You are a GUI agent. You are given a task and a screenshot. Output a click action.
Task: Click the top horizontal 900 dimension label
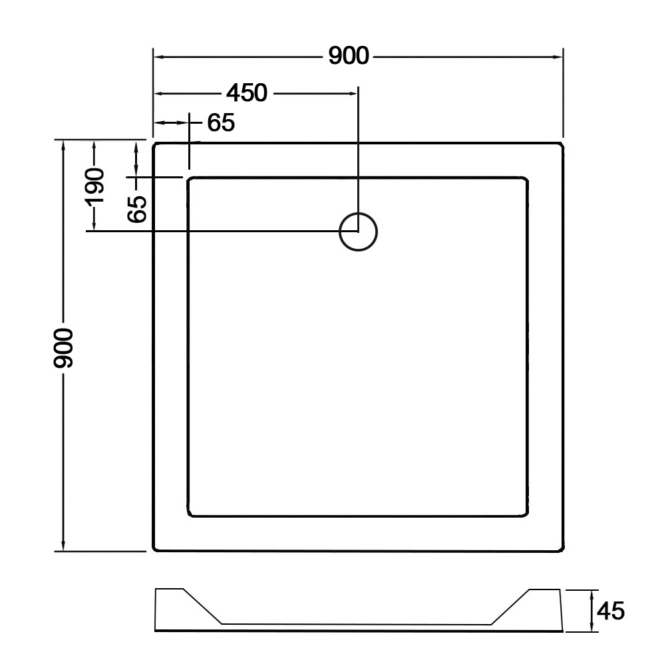(349, 56)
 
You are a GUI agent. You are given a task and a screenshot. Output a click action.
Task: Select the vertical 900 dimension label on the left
(64, 347)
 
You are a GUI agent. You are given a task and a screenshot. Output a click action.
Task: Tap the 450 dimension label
(247, 93)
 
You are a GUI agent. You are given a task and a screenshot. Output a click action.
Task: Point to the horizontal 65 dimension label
(221, 122)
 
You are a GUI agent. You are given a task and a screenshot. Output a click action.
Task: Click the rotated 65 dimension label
(137, 209)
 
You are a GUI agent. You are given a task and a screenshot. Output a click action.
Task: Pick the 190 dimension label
(94, 186)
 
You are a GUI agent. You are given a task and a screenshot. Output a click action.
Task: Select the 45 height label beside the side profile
(611, 611)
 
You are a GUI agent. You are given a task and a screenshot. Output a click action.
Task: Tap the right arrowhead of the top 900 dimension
(558, 57)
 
